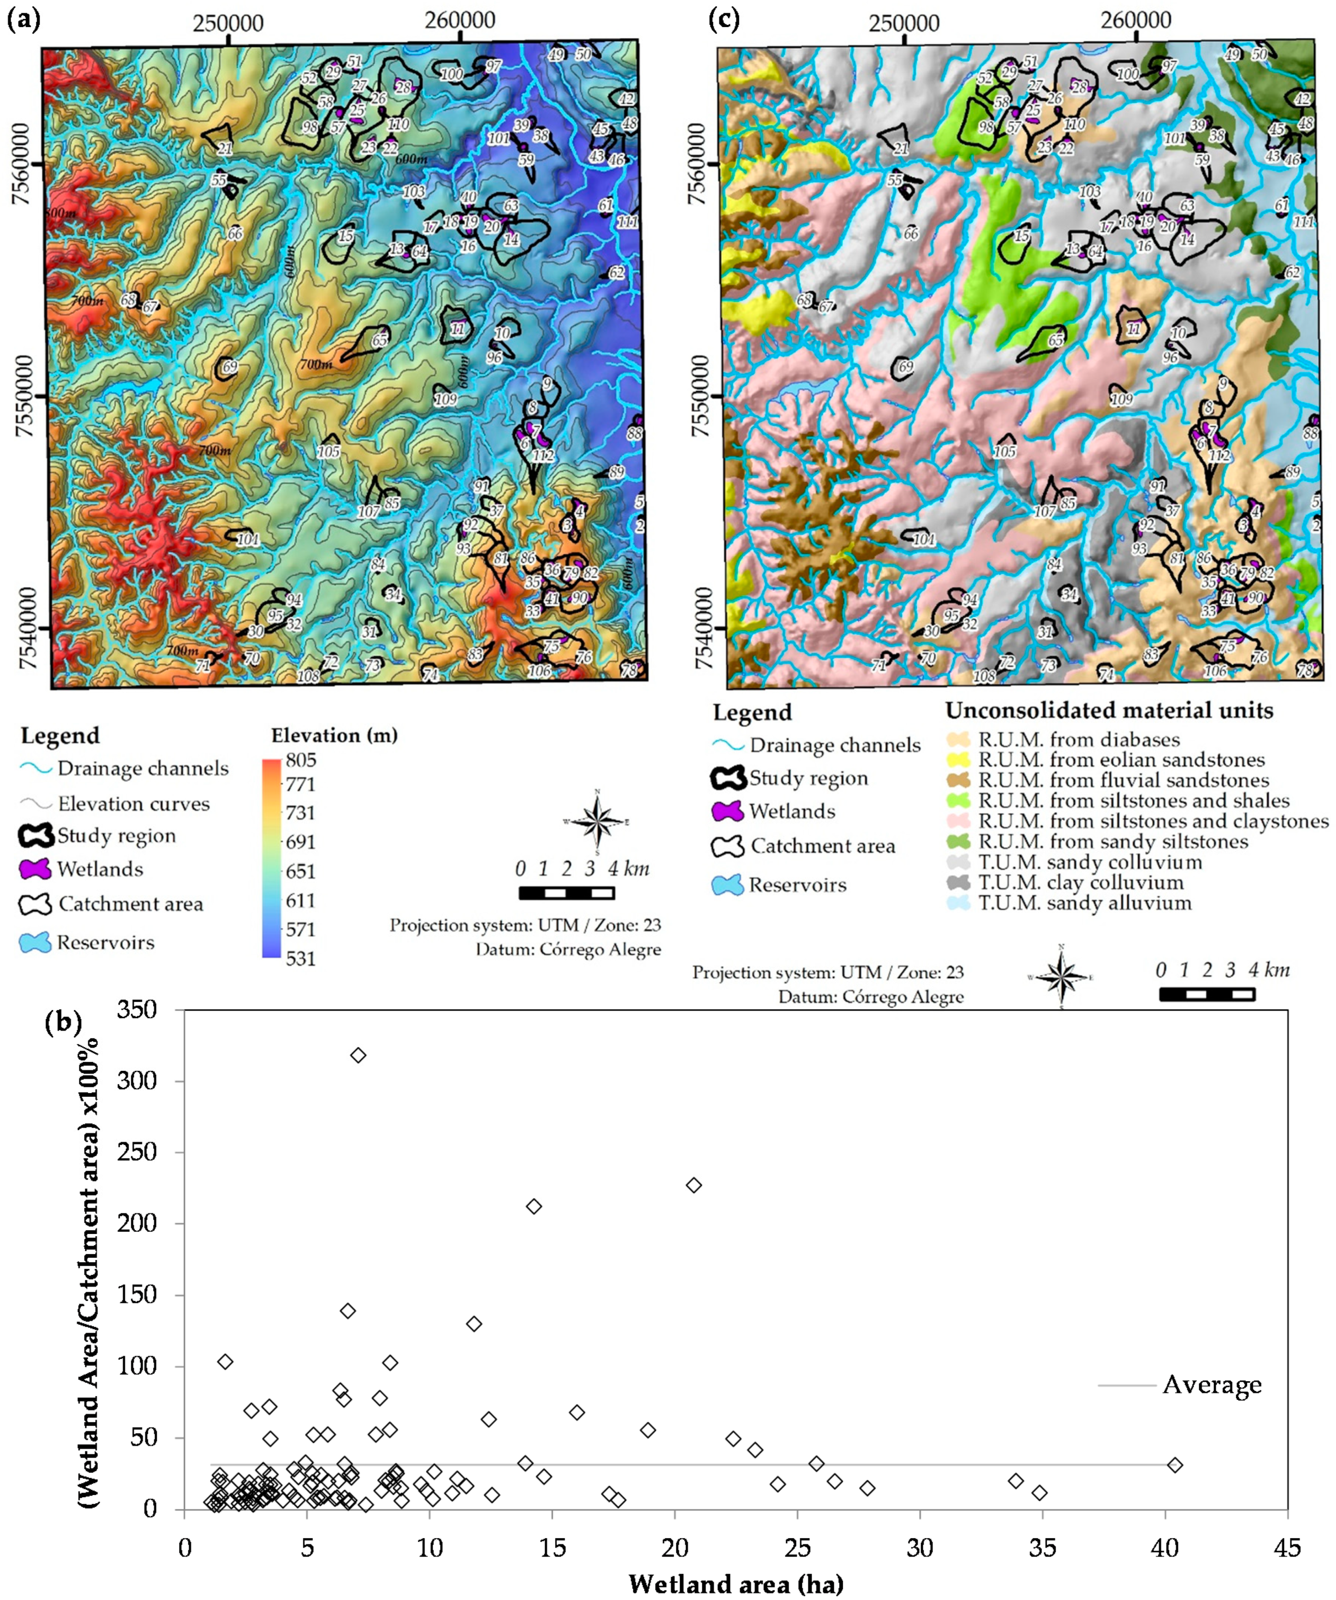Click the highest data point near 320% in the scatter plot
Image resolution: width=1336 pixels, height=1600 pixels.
click(x=358, y=1055)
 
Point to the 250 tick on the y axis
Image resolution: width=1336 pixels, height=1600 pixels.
click(x=157, y=1152)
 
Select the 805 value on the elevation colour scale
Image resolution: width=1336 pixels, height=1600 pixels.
click(x=301, y=759)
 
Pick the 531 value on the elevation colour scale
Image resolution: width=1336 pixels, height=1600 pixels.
click(x=301, y=958)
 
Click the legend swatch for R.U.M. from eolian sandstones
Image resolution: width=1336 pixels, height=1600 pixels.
click(x=958, y=759)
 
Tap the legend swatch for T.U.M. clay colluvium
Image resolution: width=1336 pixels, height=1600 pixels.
click(x=958, y=883)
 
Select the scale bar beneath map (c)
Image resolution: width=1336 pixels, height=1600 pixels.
click(x=1206, y=994)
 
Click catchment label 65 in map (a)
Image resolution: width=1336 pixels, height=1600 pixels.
click(x=379, y=341)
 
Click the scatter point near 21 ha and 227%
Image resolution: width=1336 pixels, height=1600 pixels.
click(x=693, y=1185)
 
